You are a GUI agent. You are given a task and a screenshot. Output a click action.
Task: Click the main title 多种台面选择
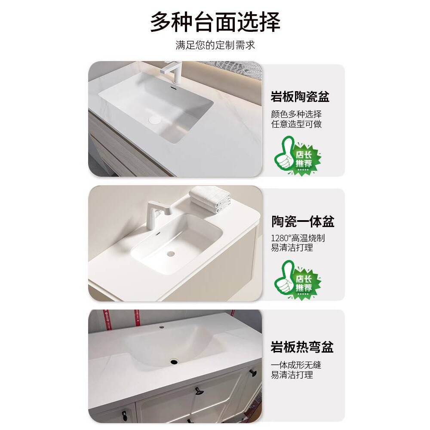pyautogui.click(x=215, y=22)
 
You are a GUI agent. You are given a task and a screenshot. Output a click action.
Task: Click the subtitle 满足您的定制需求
pyautogui.click(x=215, y=45)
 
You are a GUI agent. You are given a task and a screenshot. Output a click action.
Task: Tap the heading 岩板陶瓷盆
pyautogui.click(x=300, y=97)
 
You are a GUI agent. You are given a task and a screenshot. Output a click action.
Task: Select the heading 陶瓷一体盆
pyautogui.click(x=303, y=221)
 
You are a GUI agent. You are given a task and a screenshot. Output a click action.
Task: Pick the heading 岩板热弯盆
pyautogui.click(x=302, y=347)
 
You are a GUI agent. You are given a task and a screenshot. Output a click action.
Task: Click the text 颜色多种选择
pyautogui.click(x=296, y=114)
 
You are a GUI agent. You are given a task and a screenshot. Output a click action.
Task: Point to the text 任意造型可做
pyautogui.click(x=296, y=124)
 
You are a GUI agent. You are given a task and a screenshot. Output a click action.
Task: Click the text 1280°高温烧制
pyautogui.click(x=298, y=238)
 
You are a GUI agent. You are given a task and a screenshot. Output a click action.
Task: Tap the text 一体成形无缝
pyautogui.click(x=296, y=365)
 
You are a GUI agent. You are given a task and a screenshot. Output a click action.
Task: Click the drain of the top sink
pyautogui.click(x=154, y=119)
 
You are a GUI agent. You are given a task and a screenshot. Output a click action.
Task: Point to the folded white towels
pyautogui.click(x=210, y=198)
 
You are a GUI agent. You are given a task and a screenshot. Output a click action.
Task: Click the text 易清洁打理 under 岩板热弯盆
pyautogui.click(x=292, y=375)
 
